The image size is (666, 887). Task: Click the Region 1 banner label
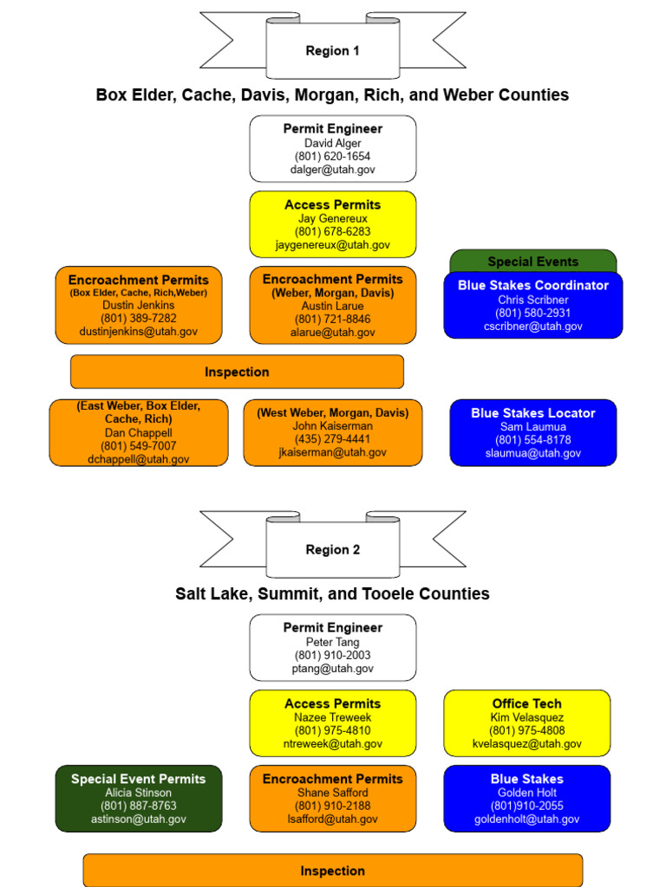click(332, 51)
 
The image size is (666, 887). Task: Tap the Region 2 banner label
click(332, 550)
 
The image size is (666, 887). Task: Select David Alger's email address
click(332, 170)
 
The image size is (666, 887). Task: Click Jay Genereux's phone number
click(332, 232)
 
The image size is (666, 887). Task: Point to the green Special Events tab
click(532, 262)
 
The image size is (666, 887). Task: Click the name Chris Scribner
click(532, 300)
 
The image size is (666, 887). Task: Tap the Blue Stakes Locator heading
click(532, 413)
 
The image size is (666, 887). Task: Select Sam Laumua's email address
click(532, 453)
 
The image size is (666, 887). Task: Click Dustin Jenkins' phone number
click(139, 318)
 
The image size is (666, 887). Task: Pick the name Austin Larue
click(332, 306)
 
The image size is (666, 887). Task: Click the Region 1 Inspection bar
click(237, 372)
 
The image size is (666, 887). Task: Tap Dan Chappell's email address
click(139, 459)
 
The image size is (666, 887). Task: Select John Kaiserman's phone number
click(332, 439)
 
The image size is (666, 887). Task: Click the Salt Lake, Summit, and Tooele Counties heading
click(332, 593)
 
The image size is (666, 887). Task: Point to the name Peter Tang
click(332, 642)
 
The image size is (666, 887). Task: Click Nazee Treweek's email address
click(332, 744)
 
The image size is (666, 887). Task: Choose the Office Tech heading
click(526, 704)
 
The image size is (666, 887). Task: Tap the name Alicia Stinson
click(139, 793)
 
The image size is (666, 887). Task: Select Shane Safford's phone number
click(332, 806)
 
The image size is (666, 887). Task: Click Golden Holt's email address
click(526, 819)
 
